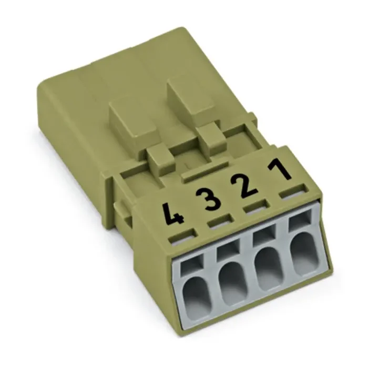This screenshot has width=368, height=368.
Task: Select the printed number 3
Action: pos(209,198)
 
